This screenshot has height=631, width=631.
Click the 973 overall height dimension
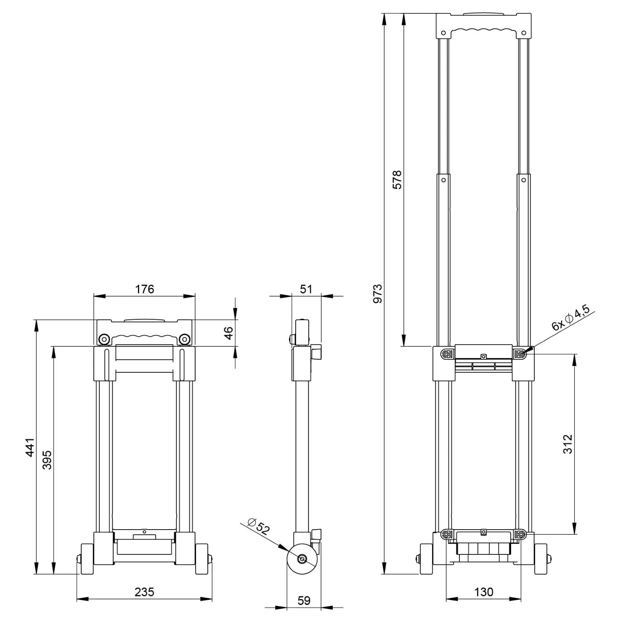point(378,294)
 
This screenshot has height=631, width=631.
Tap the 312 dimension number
point(567,444)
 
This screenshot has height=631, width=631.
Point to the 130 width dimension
point(483,592)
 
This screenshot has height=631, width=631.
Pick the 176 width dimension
point(144,289)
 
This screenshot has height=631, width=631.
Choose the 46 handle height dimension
point(228,333)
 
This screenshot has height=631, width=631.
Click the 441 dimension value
point(29,447)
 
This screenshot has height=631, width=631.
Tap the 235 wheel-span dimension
point(144,592)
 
